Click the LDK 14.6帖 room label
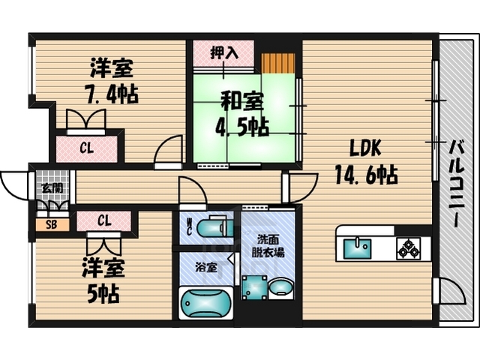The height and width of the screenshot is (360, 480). [365, 162]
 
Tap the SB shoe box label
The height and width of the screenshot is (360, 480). [51, 223]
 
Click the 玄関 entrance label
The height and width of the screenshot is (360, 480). [51, 188]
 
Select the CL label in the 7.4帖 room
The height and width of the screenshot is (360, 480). [87, 148]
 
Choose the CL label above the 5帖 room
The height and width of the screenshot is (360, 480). [103, 220]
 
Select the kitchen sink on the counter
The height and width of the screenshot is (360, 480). [357, 246]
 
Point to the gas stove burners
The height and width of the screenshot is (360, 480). [409, 247]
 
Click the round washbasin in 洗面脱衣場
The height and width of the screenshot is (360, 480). [282, 288]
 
